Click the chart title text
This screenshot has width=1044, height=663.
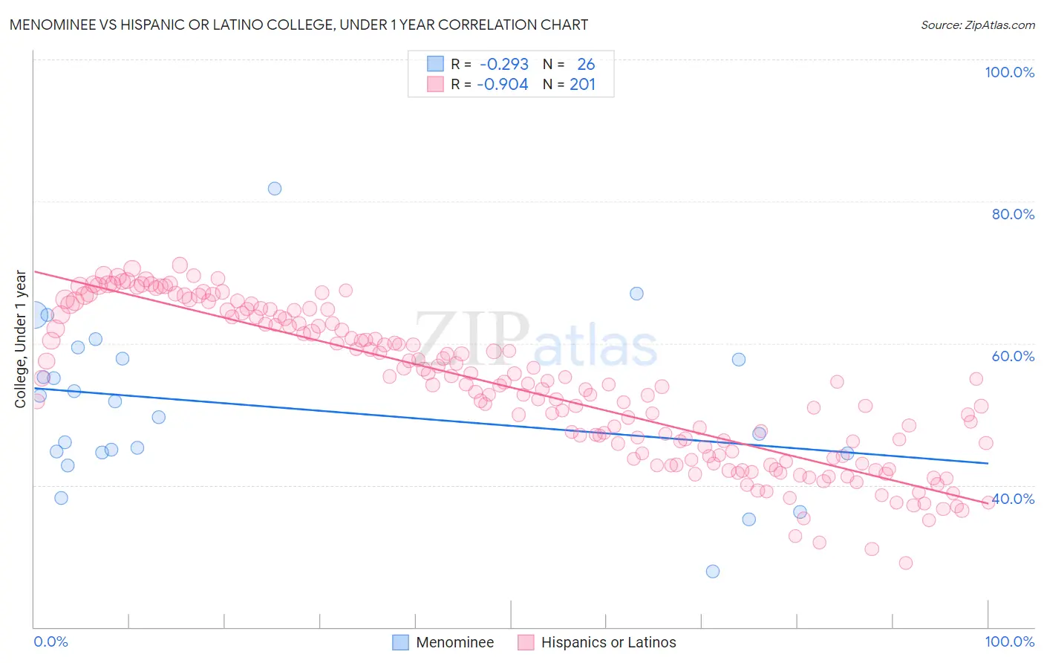(x=298, y=25)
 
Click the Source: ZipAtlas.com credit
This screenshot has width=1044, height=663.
(x=977, y=25)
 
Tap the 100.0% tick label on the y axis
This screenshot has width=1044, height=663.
(x=1009, y=72)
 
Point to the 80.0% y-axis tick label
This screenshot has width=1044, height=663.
(x=1013, y=214)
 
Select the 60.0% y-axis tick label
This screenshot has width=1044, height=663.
(x=1013, y=356)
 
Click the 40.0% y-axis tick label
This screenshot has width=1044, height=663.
(x=1014, y=499)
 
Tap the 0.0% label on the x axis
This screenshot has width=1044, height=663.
(x=50, y=641)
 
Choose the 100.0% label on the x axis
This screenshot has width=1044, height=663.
(x=1009, y=641)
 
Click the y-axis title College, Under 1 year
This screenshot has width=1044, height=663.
(x=21, y=339)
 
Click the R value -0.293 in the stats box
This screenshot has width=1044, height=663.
(x=504, y=65)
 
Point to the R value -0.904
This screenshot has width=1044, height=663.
(x=503, y=84)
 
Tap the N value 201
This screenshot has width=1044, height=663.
(x=582, y=84)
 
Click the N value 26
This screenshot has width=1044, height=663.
(x=586, y=65)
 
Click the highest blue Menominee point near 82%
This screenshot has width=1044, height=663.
(x=275, y=189)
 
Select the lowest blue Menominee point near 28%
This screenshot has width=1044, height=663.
(x=713, y=572)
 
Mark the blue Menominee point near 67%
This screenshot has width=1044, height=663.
(x=636, y=294)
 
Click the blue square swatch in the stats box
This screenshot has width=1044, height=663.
(x=435, y=65)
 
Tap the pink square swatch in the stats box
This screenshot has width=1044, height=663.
(x=435, y=84)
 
